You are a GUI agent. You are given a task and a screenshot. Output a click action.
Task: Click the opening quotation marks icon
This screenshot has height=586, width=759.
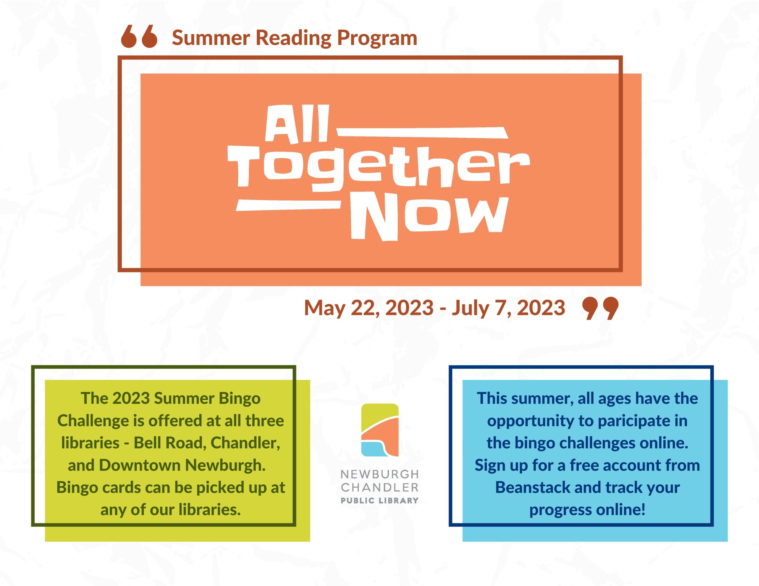[139, 36]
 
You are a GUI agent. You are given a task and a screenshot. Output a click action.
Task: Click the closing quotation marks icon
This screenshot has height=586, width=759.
[600, 308]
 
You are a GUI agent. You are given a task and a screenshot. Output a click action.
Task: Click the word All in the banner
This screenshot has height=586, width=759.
[297, 124]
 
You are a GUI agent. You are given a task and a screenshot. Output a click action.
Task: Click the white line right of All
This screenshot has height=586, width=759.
[422, 132]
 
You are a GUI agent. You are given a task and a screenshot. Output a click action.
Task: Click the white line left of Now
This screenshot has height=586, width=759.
[288, 205]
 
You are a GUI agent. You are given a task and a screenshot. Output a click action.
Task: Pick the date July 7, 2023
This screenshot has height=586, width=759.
[508, 308]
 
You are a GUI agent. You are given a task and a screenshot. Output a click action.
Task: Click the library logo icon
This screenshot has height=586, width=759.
[380, 430]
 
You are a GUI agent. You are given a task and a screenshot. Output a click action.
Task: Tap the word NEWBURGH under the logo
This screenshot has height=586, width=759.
[379, 474]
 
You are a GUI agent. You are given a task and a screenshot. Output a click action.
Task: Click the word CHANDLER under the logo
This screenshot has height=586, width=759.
[379, 487]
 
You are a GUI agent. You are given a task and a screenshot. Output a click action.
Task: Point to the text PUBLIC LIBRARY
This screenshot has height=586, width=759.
[379, 501]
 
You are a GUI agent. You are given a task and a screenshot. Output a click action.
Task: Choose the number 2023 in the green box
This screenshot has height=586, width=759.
[131, 398]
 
